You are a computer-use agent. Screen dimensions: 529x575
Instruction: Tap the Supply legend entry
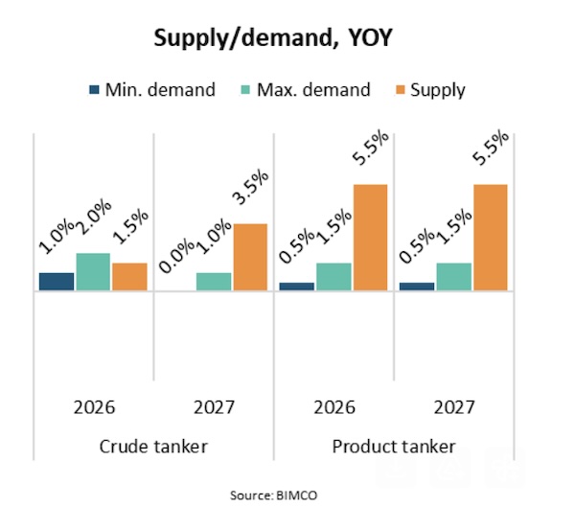pyautogui.click(x=427, y=90)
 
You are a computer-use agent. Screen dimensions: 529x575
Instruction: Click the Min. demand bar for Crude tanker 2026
pyautogui.click(x=57, y=281)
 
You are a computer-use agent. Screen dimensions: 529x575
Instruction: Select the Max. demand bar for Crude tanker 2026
pyautogui.click(x=93, y=271)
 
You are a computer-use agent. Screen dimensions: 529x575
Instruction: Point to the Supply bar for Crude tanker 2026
pyautogui.click(x=129, y=276)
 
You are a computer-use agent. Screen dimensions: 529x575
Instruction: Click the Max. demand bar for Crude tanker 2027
pyautogui.click(x=214, y=281)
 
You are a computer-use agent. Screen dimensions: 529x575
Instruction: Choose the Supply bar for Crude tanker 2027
pyautogui.click(x=250, y=256)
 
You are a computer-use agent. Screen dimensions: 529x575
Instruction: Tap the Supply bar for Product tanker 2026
pyautogui.click(x=370, y=237)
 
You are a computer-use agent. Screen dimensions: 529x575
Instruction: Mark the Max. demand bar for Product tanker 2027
pyautogui.click(x=453, y=276)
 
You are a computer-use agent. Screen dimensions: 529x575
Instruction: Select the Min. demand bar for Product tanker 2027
pyautogui.click(x=417, y=286)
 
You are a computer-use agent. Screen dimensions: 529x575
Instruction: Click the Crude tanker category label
pyautogui.click(x=153, y=447)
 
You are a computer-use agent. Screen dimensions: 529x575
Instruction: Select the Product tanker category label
pyautogui.click(x=394, y=447)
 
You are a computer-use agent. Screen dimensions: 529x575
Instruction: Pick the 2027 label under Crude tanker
pyautogui.click(x=214, y=407)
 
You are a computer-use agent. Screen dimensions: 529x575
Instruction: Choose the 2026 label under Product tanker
pyautogui.click(x=333, y=407)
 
